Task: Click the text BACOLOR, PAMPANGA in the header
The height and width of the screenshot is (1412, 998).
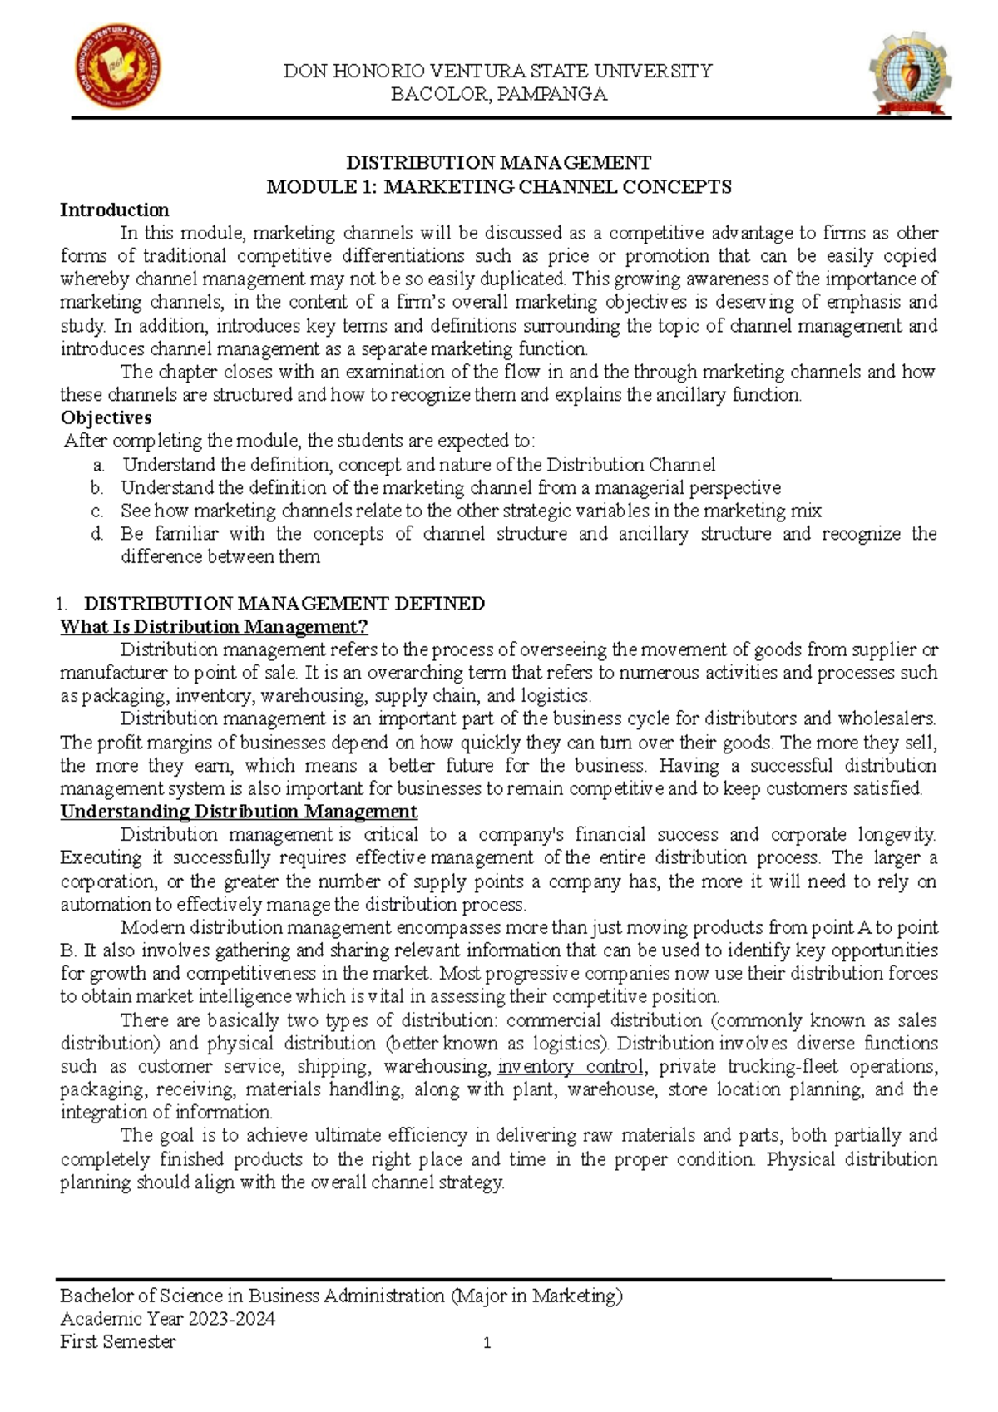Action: click(499, 94)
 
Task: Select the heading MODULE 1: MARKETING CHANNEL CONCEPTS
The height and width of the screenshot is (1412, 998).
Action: click(499, 186)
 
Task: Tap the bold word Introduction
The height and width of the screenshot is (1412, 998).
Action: click(114, 210)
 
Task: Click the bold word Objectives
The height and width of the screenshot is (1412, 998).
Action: click(106, 417)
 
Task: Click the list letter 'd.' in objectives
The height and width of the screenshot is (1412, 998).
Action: click(99, 534)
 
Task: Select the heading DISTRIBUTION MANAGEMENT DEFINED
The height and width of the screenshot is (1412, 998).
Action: click(285, 603)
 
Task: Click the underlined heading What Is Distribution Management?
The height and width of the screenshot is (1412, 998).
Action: click(214, 626)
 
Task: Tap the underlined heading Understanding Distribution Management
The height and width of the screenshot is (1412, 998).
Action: click(239, 811)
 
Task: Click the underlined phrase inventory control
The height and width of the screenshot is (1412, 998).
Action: click(570, 1066)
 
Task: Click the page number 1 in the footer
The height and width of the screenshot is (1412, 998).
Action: click(487, 1343)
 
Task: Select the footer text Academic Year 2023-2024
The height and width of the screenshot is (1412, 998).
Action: click(168, 1319)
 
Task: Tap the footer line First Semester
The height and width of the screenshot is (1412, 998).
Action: click(118, 1342)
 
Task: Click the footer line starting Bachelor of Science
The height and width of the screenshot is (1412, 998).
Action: click(341, 1296)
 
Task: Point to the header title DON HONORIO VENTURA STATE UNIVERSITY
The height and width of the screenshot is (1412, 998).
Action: click(498, 71)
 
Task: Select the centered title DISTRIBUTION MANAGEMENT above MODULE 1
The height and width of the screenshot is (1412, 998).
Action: click(499, 162)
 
